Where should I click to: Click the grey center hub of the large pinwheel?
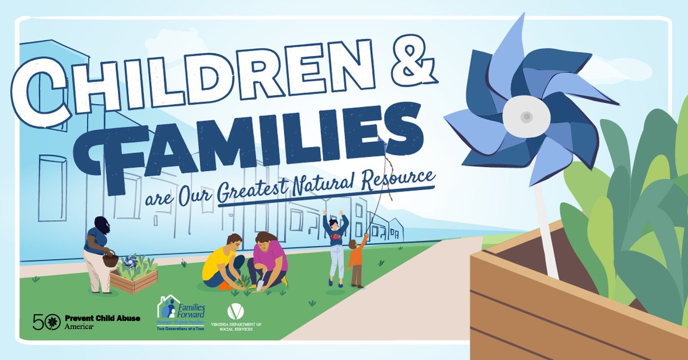[x=526, y=116]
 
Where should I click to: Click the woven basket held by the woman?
[x=110, y=260]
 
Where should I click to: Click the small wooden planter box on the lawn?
[x=134, y=280]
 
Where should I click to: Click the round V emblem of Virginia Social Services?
[x=235, y=312]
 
